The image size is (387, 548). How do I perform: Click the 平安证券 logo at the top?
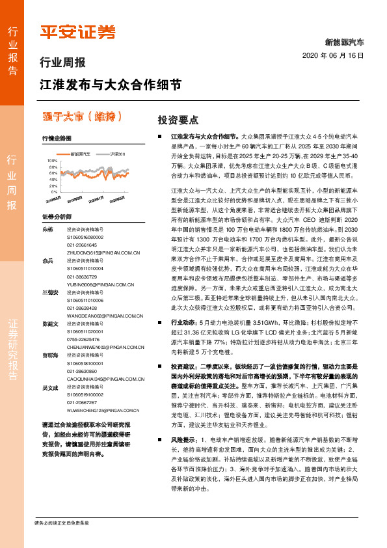(77, 32)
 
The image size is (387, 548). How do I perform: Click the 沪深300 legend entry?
(117, 154)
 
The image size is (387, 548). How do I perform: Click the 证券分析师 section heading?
(53, 216)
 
